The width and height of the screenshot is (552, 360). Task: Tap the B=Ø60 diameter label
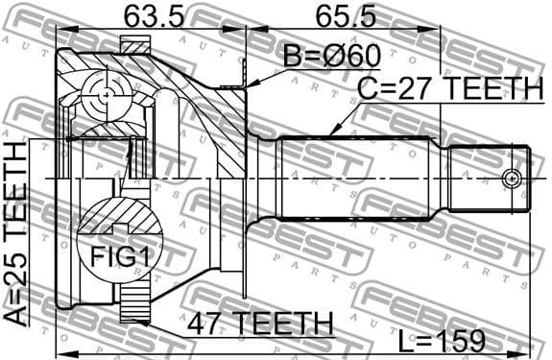click(x=330, y=56)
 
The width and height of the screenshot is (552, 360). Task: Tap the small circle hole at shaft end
click(x=513, y=178)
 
